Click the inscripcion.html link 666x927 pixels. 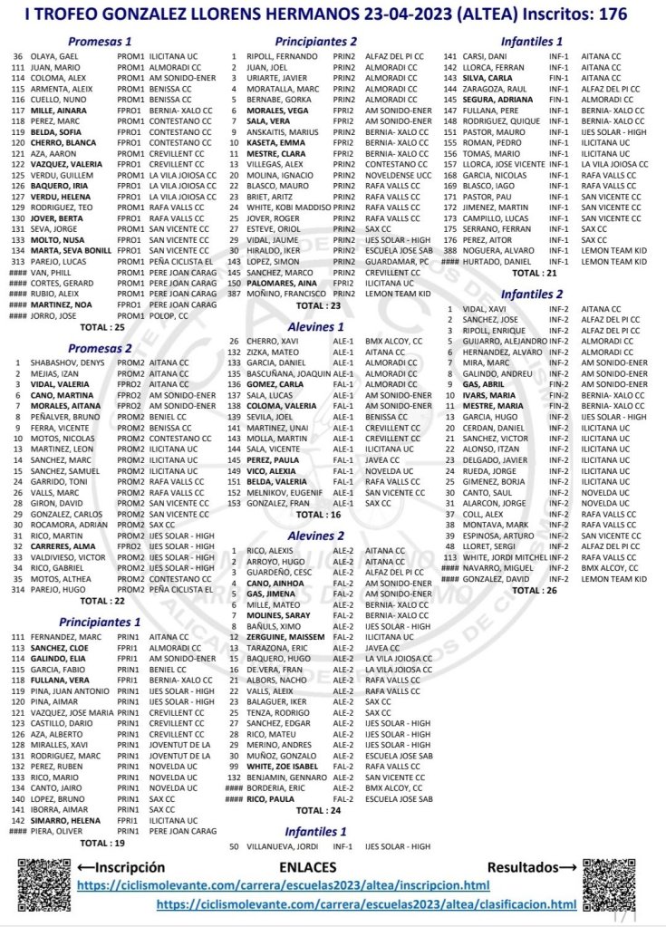(x=284, y=884)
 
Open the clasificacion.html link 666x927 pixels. (x=366, y=904)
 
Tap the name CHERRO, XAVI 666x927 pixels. (x=269, y=341)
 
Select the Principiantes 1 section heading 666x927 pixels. (x=101, y=623)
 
